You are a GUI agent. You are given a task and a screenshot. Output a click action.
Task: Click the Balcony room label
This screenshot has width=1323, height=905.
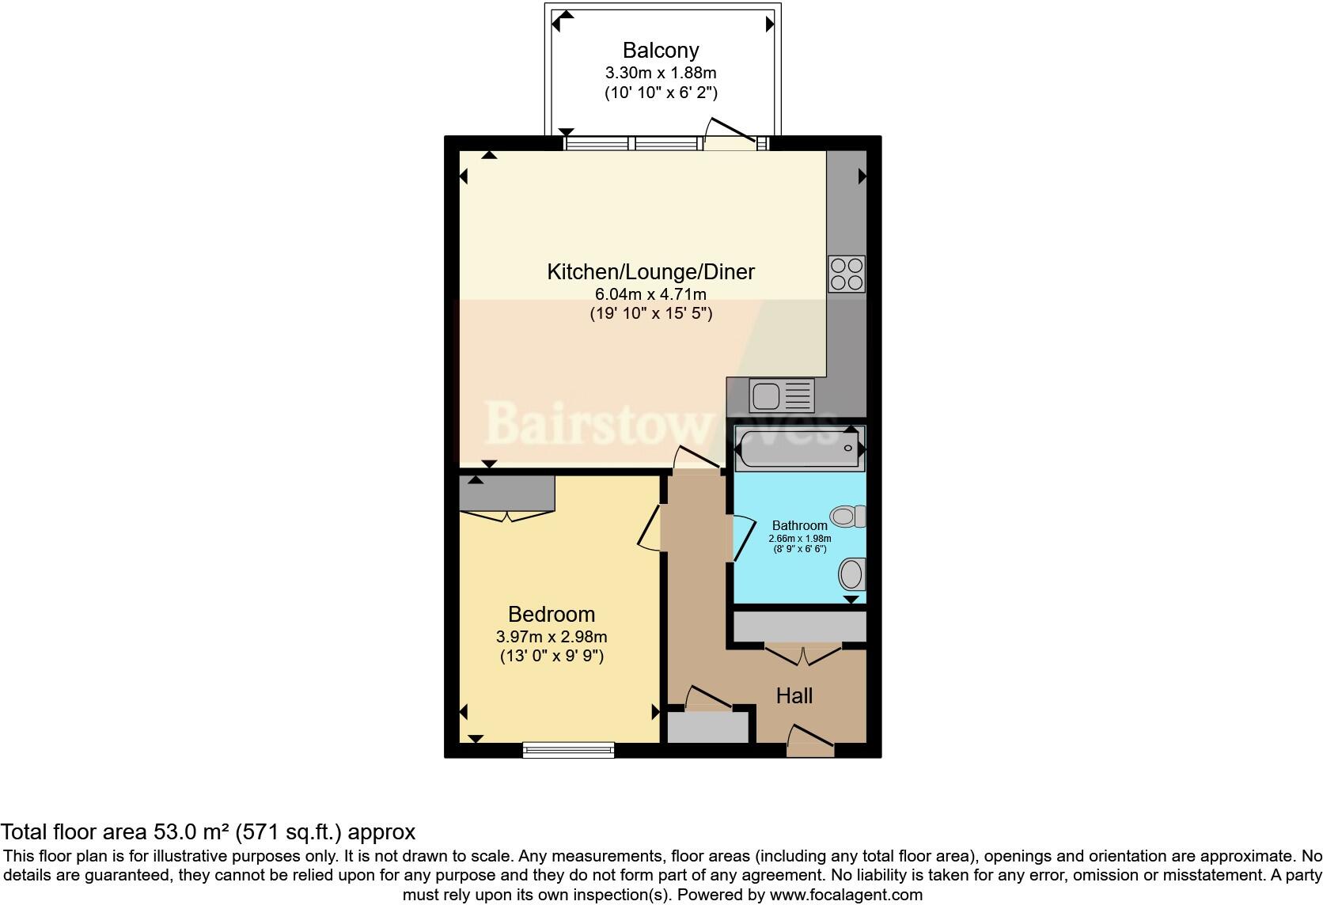pyautogui.click(x=661, y=51)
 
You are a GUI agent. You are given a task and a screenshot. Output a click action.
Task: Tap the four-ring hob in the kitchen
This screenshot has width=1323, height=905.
pyautogui.click(x=846, y=274)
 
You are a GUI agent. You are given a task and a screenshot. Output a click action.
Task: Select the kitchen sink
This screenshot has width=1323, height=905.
pyautogui.click(x=781, y=396)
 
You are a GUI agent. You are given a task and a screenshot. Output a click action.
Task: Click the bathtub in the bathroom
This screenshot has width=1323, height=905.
pyautogui.click(x=799, y=449)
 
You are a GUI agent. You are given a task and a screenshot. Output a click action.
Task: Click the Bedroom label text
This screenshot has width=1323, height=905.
pyautogui.click(x=552, y=614)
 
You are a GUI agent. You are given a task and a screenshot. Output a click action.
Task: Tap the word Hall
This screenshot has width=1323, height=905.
pyautogui.click(x=794, y=696)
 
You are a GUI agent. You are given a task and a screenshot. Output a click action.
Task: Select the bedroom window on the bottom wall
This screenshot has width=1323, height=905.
pyautogui.click(x=568, y=749)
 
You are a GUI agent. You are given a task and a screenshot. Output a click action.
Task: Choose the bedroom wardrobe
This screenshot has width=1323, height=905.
pyautogui.click(x=506, y=494)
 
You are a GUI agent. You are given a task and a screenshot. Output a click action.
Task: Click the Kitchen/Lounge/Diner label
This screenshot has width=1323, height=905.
pyautogui.click(x=650, y=272)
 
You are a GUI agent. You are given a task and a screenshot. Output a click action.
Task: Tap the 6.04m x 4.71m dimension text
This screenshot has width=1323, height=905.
pyautogui.click(x=650, y=294)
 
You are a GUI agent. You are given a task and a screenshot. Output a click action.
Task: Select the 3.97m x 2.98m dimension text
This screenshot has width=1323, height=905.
pyautogui.click(x=552, y=636)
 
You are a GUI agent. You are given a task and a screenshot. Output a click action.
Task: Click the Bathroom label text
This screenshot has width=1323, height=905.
pyautogui.click(x=799, y=525)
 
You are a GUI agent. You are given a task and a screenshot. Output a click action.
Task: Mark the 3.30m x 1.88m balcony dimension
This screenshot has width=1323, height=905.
pyautogui.click(x=661, y=73)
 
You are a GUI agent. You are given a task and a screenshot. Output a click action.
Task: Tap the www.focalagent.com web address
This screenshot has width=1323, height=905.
pyautogui.click(x=846, y=896)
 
